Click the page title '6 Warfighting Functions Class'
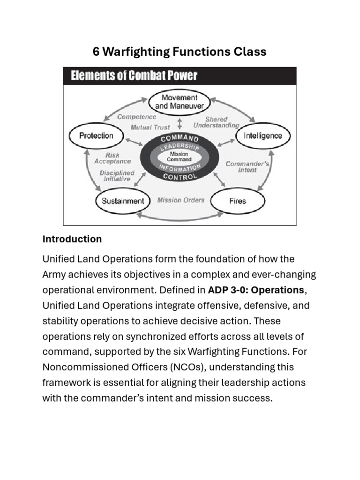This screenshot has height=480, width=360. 180,52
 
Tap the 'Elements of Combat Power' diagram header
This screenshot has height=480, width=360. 134,75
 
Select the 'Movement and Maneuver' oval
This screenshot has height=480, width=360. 180,102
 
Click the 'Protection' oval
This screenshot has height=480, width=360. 96,136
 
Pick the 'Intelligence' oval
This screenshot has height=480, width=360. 263,136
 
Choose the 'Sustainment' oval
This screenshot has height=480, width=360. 123,201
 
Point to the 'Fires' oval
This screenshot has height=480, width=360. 238,201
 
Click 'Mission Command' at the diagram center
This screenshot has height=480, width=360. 180,157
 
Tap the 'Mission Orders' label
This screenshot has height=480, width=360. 180,200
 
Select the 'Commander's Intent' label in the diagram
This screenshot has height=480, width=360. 247,167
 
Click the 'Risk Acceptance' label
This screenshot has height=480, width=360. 112,158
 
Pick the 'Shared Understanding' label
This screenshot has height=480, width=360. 216,122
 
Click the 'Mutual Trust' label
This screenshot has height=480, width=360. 150,127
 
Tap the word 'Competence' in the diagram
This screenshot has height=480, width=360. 137,117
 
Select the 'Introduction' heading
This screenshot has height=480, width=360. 72,239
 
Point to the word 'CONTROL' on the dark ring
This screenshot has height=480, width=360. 180,177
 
